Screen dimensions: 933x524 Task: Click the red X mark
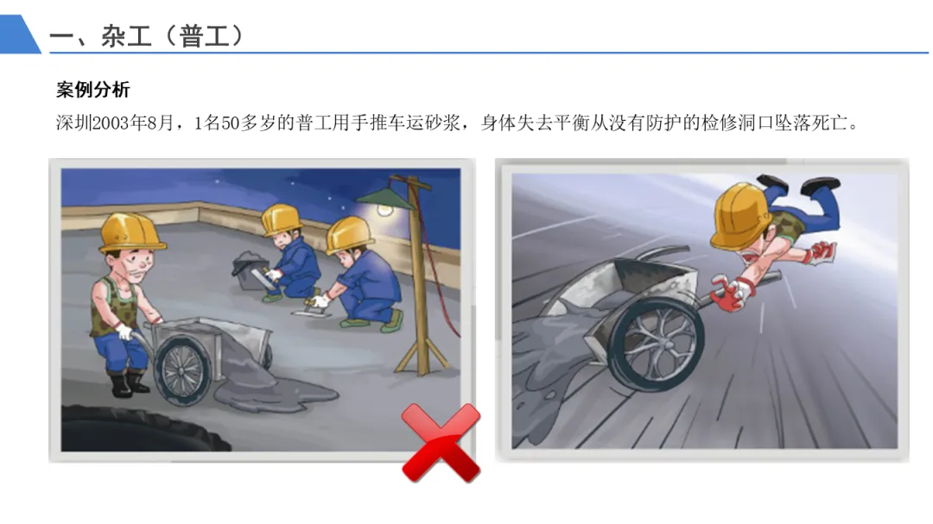441,443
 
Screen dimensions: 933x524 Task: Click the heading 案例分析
92,90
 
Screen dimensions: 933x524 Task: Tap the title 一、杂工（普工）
147,36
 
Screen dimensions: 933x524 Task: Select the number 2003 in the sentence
111,123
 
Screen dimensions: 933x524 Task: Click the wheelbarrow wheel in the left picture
181,369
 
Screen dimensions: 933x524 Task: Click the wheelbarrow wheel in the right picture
657,344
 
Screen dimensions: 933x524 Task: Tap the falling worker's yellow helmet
739,215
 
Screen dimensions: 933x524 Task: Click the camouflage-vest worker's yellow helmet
131,232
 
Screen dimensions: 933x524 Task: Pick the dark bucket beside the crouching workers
250,270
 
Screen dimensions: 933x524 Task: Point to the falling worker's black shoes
797,184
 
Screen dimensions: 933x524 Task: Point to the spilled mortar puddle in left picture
275,389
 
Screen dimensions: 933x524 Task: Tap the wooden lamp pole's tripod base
423,355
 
